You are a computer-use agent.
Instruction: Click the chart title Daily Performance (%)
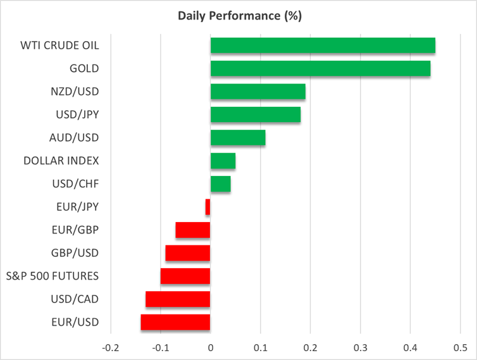tap(238, 15)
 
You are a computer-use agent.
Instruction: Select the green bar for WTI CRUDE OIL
tap(323, 46)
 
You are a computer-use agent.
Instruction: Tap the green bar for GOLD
tap(320, 68)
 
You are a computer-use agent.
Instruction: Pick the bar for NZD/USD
tap(257, 92)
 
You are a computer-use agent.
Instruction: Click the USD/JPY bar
tap(255, 115)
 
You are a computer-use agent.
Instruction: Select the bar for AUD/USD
tap(237, 137)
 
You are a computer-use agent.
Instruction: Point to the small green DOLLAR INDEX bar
tap(223, 161)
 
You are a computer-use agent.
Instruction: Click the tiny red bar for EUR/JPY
tap(208, 207)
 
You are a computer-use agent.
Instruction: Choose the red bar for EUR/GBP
tap(192, 230)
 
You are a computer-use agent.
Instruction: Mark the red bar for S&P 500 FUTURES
tap(185, 276)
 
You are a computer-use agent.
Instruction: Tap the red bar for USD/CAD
tap(178, 299)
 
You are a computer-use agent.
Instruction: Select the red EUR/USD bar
tap(175, 322)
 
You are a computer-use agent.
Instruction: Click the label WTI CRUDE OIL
tap(61, 46)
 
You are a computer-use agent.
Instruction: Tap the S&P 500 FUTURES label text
tap(53, 276)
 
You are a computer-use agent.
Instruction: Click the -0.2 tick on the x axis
tap(110, 347)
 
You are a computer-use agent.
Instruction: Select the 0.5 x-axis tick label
tap(460, 347)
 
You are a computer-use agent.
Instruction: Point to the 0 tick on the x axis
tap(210, 347)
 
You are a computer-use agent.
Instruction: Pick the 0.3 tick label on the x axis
tap(360, 347)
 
